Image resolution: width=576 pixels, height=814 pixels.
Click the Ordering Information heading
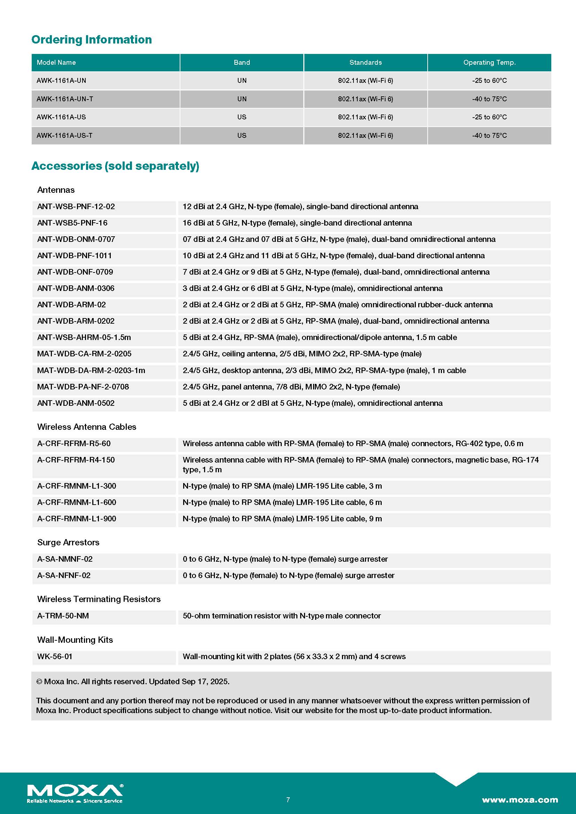pyautogui.click(x=92, y=39)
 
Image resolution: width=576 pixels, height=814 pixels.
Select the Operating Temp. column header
pyautogui.click(x=489, y=62)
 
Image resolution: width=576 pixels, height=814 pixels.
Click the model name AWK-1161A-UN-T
pyautogui.click(x=65, y=99)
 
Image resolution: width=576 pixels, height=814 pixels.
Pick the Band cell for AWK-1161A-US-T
pyautogui.click(x=242, y=135)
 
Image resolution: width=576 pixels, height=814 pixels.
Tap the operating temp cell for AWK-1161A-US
pyautogui.click(x=489, y=117)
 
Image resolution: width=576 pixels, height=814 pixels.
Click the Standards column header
pyautogui.click(x=365, y=62)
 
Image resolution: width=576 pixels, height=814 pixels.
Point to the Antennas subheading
pyautogui.click(x=56, y=190)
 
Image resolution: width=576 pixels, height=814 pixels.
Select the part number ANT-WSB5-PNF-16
pyautogui.click(x=72, y=223)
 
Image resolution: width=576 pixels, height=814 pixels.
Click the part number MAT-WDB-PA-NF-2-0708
pyautogui.click(x=83, y=386)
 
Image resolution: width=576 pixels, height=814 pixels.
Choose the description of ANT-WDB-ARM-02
pyautogui.click(x=337, y=305)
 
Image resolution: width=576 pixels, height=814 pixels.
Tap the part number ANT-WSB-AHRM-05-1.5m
pyautogui.click(x=84, y=337)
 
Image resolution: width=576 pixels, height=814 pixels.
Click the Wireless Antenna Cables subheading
pyautogui.click(x=87, y=427)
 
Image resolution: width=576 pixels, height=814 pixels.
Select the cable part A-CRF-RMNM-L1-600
pyautogui.click(x=77, y=502)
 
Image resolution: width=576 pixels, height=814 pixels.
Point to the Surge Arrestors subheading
pyautogui.click(x=68, y=542)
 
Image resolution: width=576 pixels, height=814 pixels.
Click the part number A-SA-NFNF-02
pyautogui.click(x=64, y=575)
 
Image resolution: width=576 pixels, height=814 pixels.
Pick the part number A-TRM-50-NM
pyautogui.click(x=63, y=616)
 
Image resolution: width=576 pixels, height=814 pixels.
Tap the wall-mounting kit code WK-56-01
pyautogui.click(x=55, y=656)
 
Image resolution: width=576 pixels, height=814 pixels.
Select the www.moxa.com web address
pyautogui.click(x=520, y=800)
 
